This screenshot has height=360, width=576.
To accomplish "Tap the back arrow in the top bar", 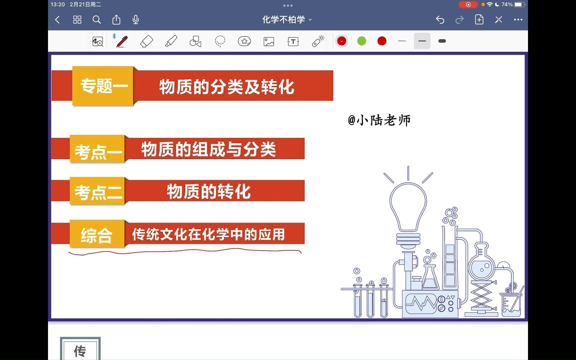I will click(x=58, y=20).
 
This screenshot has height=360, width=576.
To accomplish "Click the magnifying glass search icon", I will click(x=97, y=20).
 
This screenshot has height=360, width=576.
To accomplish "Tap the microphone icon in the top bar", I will click(x=136, y=20).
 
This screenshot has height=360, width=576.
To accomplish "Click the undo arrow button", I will click(x=440, y=20).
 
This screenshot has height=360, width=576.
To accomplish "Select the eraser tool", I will click(x=147, y=41).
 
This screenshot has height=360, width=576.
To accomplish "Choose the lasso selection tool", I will click(x=220, y=41).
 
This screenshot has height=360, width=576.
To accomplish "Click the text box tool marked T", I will click(x=293, y=41).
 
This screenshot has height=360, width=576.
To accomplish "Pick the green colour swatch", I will click(x=362, y=41).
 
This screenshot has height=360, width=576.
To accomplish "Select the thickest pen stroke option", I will click(x=442, y=41).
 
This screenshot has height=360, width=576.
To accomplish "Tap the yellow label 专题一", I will click(x=103, y=86).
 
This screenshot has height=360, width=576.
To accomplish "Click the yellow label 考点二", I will click(x=98, y=192).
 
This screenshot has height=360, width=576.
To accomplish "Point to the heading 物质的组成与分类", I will click(x=209, y=149).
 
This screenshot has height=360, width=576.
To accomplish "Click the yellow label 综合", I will click(x=97, y=235).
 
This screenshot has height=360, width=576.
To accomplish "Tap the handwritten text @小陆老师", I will click(x=379, y=120).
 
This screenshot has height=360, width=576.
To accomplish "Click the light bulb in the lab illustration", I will click(x=408, y=207).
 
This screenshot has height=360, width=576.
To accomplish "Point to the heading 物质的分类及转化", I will click(x=227, y=87).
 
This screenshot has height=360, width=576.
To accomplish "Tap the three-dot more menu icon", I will click(x=518, y=20).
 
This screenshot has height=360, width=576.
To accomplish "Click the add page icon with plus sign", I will click(x=479, y=20).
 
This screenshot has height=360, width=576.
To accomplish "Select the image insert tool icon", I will click(x=269, y=41).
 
